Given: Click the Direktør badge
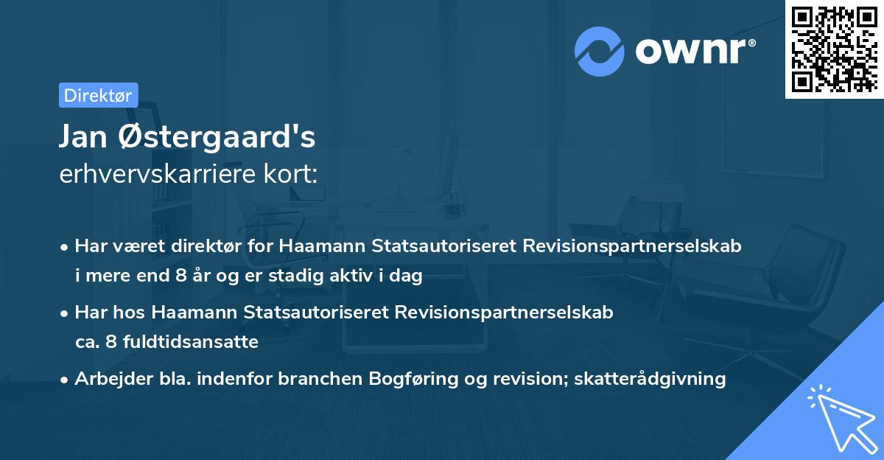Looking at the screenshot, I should pyautogui.click(x=98, y=95).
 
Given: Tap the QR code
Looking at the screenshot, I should pyautogui.click(x=834, y=49).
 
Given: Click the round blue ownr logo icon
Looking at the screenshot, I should pyautogui.click(x=599, y=51).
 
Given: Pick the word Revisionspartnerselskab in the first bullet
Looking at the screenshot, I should pyautogui.click(x=632, y=245).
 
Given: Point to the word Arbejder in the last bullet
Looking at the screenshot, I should pyautogui.click(x=108, y=379).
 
